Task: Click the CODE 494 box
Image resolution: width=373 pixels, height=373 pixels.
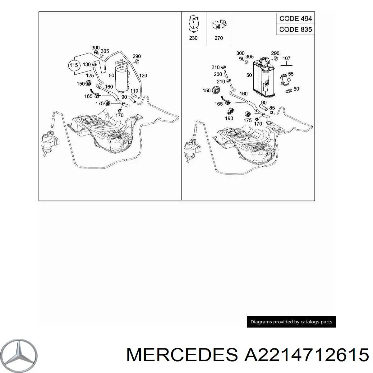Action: pos(295,18)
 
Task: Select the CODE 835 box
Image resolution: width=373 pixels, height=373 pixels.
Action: pos(295,30)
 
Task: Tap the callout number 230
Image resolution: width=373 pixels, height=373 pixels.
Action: pos(193,38)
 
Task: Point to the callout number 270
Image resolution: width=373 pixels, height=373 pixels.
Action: pos(219,38)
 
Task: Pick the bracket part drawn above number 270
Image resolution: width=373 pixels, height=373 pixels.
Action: pos(219,25)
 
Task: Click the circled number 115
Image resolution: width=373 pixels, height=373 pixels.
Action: pos(74,65)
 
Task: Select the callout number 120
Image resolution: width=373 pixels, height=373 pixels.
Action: pos(143,75)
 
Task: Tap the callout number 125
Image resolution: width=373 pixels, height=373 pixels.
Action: pos(90,76)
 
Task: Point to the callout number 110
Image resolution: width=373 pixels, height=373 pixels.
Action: pos(134,91)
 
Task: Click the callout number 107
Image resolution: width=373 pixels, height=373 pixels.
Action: pos(286,58)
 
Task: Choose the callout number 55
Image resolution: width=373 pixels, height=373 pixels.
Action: pos(291,74)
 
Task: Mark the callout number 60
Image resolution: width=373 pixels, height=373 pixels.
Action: pos(296,89)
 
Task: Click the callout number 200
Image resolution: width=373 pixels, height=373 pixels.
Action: pos(218,74)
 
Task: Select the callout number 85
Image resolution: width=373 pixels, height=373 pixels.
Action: pos(272,108)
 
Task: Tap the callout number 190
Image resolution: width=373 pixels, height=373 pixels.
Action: pos(229,118)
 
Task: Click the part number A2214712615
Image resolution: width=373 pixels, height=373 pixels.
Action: pos(306,354)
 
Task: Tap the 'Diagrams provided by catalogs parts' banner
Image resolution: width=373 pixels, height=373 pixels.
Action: pos(291,322)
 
